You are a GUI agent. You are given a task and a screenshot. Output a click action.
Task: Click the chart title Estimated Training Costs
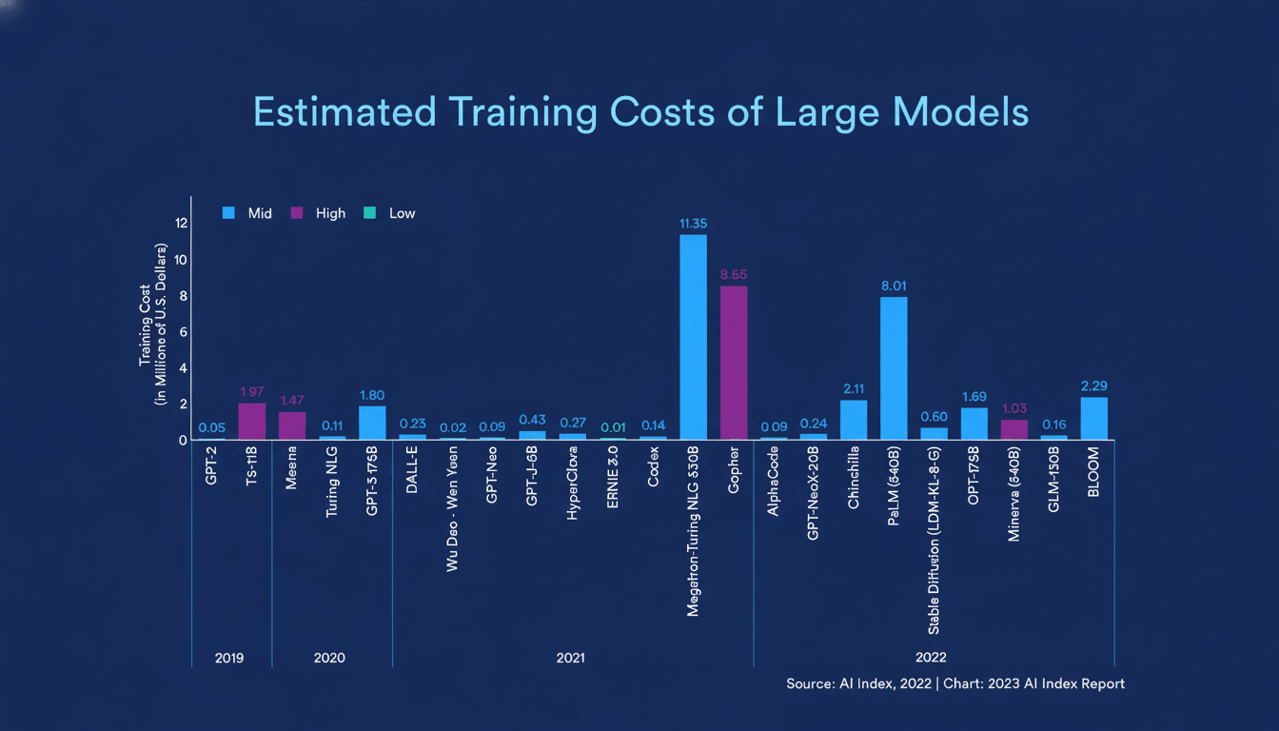click(x=639, y=112)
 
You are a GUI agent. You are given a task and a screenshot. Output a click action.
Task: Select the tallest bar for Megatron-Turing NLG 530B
click(x=693, y=337)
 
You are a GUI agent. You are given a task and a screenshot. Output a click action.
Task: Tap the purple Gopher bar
click(x=734, y=363)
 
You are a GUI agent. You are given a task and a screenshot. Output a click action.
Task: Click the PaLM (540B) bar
click(x=894, y=368)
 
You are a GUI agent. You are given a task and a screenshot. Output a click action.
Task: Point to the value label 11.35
click(x=693, y=224)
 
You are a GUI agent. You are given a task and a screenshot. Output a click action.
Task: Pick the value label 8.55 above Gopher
click(x=734, y=275)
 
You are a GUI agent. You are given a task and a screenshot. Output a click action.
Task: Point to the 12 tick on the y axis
click(x=181, y=223)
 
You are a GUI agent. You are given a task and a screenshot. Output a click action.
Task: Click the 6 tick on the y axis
click(x=181, y=332)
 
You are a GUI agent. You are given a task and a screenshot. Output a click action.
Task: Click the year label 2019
click(x=230, y=658)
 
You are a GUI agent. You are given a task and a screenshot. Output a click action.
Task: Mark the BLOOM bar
click(x=1094, y=418)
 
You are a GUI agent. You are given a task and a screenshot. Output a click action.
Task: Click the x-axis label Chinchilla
click(x=854, y=478)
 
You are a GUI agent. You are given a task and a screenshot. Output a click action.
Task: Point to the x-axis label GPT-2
click(x=211, y=466)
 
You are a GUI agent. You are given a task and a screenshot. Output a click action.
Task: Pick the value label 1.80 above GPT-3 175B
click(x=372, y=394)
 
